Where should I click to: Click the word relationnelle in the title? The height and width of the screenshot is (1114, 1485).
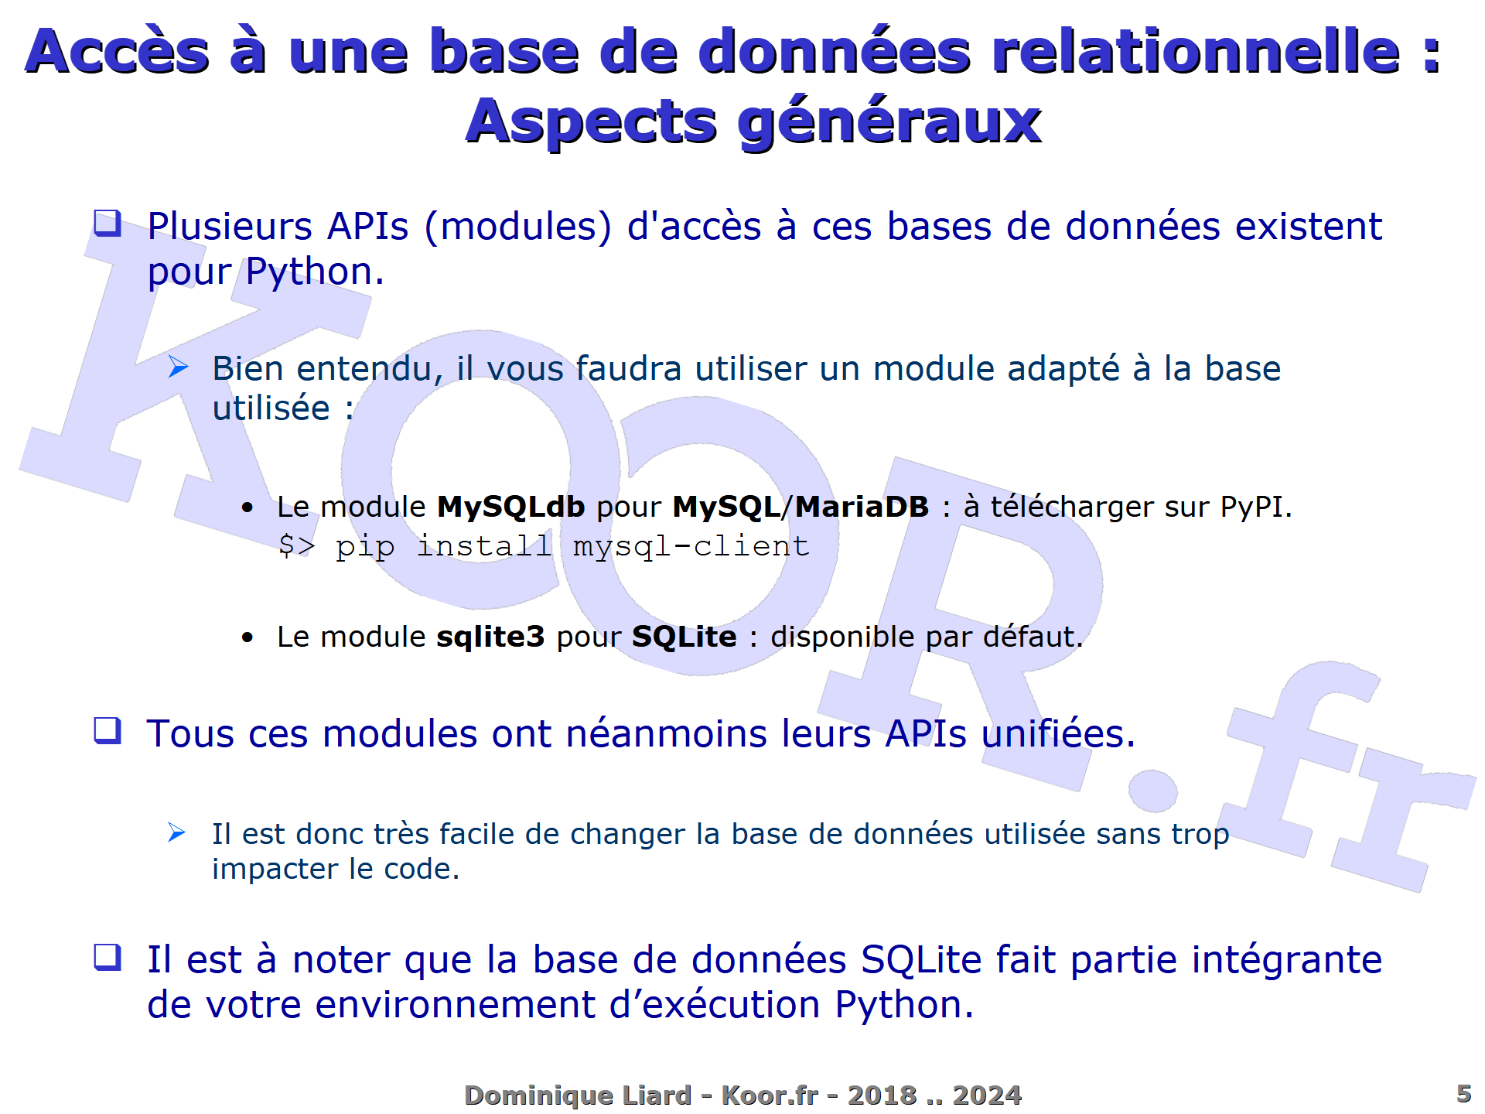tap(1196, 53)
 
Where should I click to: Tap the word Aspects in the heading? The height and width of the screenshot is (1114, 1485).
tap(592, 122)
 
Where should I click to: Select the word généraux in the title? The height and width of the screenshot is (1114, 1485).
tap(889, 122)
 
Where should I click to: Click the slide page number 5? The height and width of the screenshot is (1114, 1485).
tap(1463, 1093)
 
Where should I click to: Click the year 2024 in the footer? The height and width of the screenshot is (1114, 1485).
tap(987, 1095)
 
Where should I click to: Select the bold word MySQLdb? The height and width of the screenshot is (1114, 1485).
tap(510, 507)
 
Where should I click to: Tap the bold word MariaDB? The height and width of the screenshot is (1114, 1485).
tap(862, 507)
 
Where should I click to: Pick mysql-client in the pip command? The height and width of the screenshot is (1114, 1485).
tap(691, 547)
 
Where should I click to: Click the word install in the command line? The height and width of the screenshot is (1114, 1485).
tap(484, 546)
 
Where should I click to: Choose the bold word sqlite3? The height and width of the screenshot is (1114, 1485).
tap(490, 637)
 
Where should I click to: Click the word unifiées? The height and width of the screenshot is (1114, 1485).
tap(1058, 733)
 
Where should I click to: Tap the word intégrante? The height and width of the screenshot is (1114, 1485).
tap(1286, 960)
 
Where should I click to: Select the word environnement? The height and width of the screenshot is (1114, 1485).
tap(455, 1005)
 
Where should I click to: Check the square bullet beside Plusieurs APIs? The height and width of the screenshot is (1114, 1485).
tap(108, 224)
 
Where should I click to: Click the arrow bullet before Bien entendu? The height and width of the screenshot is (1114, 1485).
tap(179, 367)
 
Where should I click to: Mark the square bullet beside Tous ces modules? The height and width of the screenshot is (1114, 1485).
tap(108, 730)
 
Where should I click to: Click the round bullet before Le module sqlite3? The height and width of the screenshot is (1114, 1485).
tap(247, 638)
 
